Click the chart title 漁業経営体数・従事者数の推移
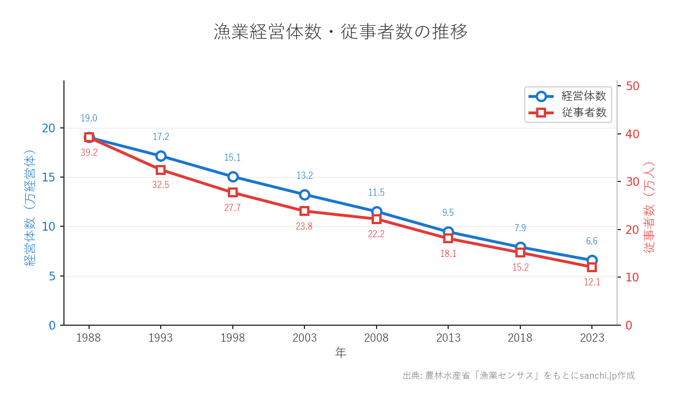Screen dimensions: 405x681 pos(340,32)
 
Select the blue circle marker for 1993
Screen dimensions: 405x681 pos(161,156)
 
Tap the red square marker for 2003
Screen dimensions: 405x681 pos(304,211)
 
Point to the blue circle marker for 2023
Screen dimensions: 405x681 pos(592,260)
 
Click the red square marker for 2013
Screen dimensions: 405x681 pos(448,238)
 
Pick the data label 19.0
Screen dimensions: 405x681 pos(89,118)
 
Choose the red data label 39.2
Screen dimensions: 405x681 pos(89,153)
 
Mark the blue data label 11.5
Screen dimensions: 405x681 pos(376,192)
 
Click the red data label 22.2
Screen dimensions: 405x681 pos(376,234)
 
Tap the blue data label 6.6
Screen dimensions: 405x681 pos(592,241)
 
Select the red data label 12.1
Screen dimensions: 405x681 pos(592,283)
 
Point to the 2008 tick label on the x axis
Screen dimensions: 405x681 pos(376,338)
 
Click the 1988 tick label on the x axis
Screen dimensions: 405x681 pos(89,338)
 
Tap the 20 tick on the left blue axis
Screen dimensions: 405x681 pos(49,128)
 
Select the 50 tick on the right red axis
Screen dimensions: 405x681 pos(633,86)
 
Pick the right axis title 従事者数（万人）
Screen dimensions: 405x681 pos(649,208)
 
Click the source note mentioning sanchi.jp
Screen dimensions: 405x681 pos(518,375)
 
